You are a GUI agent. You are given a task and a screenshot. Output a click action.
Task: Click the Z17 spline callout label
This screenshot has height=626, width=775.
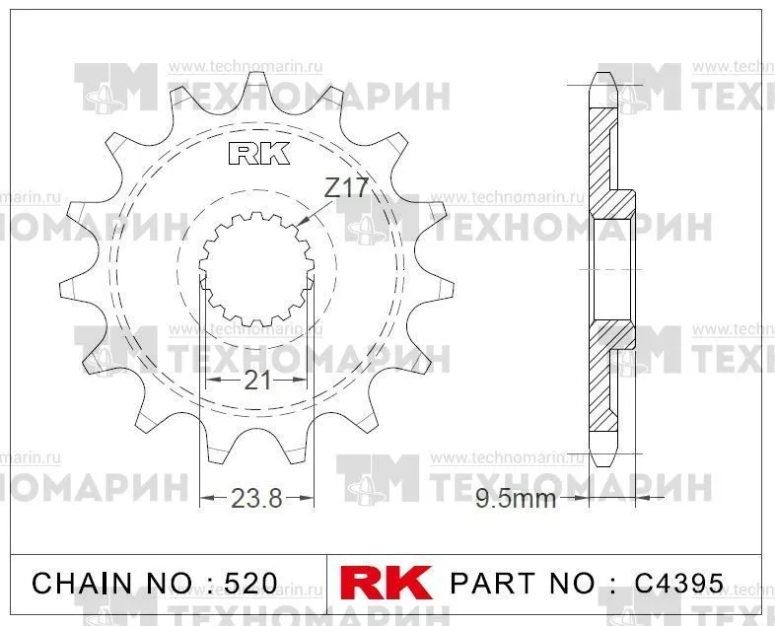(x=346, y=187)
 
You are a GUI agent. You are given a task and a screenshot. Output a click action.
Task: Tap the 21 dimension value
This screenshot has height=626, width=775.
(x=257, y=381)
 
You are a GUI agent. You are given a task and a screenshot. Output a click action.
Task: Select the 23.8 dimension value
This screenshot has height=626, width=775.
(x=256, y=498)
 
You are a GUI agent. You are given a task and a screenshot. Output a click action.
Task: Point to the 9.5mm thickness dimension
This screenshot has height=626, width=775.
(x=516, y=499)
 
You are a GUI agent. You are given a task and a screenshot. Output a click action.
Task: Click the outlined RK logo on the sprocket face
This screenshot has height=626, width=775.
(x=259, y=154)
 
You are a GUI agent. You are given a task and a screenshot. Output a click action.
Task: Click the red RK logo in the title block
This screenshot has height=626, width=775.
(x=386, y=583)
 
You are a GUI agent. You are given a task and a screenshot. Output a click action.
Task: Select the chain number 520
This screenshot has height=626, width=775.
(x=250, y=584)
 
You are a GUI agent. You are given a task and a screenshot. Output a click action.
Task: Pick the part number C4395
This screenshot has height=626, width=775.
(x=679, y=584)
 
